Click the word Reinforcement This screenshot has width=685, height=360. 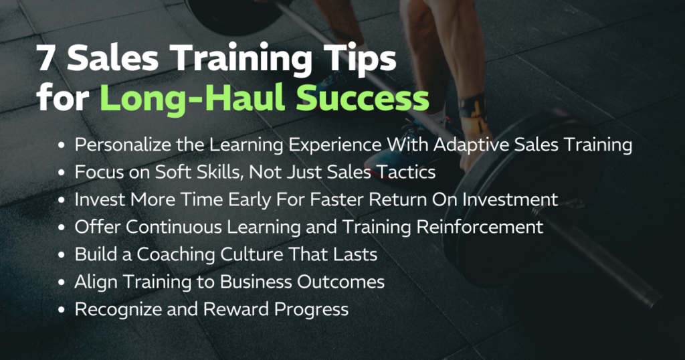[480, 227]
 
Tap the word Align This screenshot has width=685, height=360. [92, 282]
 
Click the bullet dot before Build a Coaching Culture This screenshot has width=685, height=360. [62, 255]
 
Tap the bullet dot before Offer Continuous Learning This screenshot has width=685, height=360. [62, 228]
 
